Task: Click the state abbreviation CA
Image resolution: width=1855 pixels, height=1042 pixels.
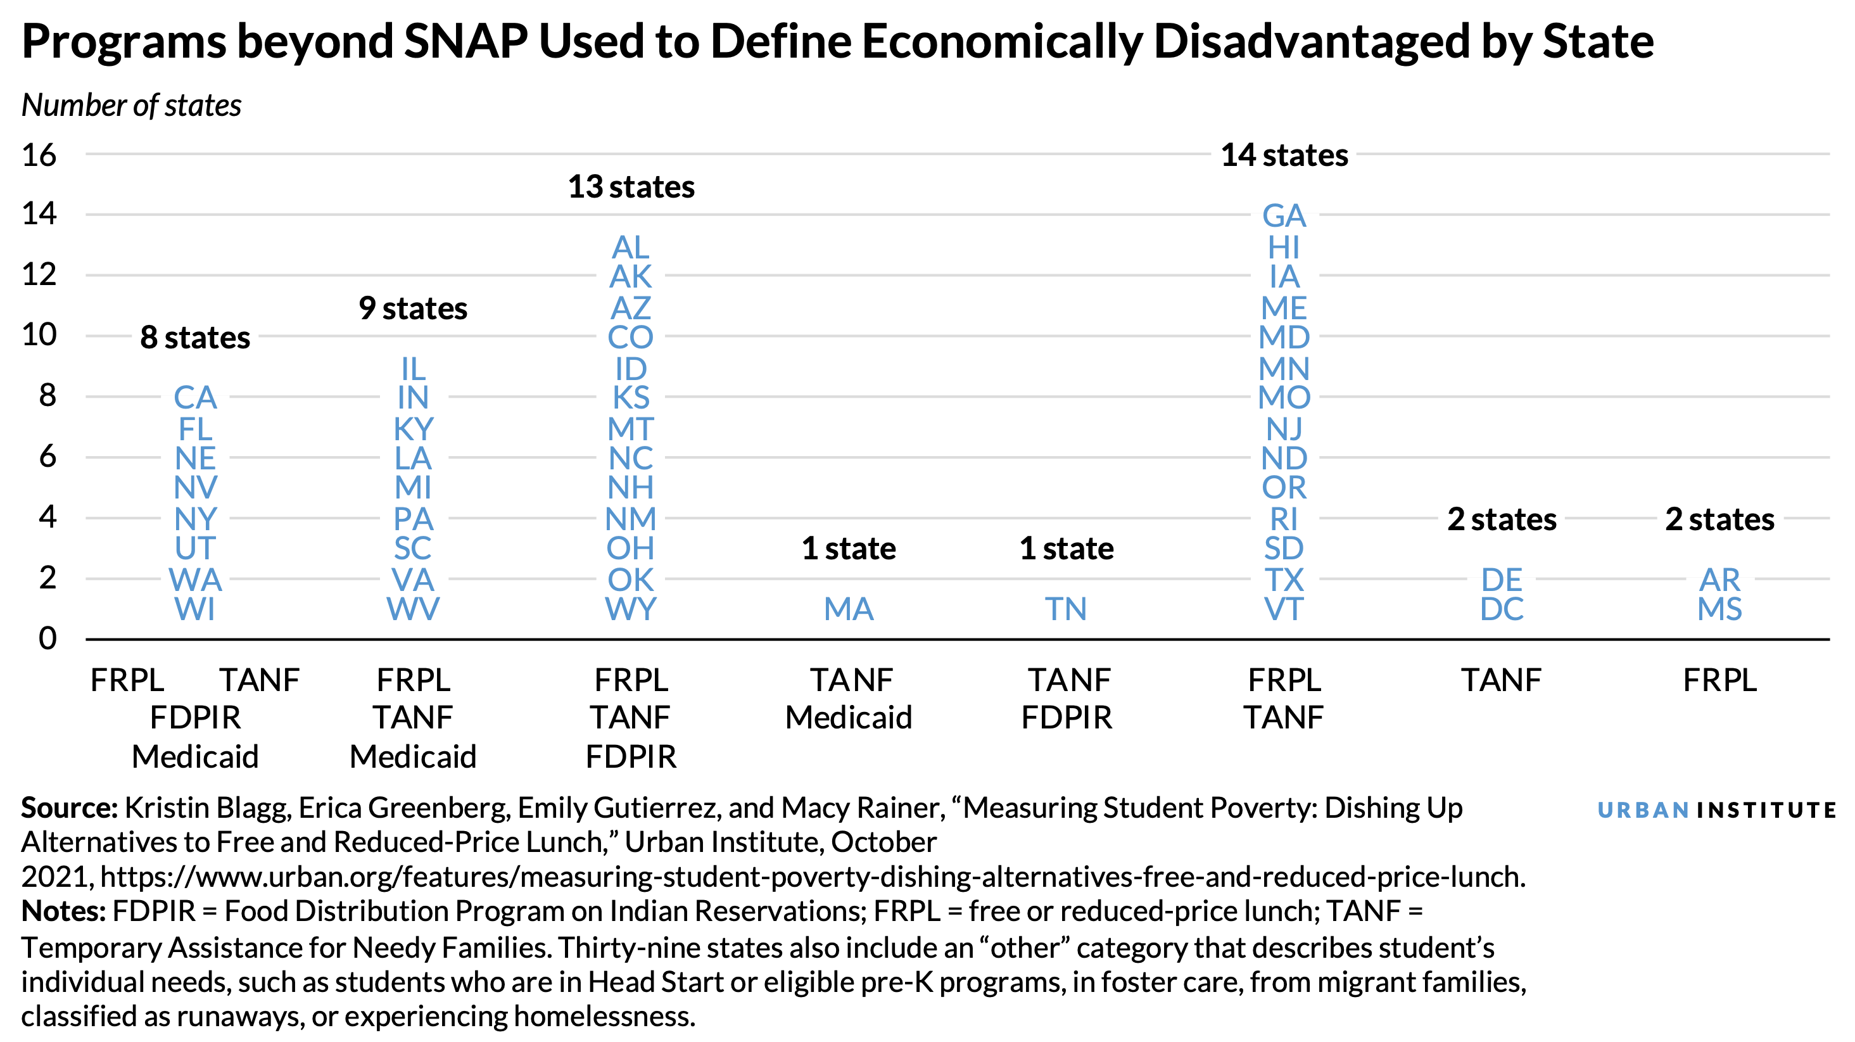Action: click(x=195, y=398)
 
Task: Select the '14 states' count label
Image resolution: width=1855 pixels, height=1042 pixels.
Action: click(x=1284, y=156)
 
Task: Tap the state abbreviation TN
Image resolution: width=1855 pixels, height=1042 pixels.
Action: click(x=1066, y=609)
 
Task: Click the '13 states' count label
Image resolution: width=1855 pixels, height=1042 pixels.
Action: click(x=631, y=187)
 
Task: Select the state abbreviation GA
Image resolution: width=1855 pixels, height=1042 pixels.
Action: click(x=1284, y=216)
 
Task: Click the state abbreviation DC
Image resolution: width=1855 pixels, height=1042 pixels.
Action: click(x=1502, y=609)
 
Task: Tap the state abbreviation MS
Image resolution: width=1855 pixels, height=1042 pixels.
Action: click(x=1719, y=609)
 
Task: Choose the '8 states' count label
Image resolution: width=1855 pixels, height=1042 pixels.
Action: click(x=195, y=338)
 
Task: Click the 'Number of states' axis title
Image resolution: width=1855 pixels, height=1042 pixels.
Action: click(x=131, y=106)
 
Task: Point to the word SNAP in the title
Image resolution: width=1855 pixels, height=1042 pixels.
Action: click(x=465, y=41)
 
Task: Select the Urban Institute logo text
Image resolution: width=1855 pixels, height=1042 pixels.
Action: click(x=1716, y=810)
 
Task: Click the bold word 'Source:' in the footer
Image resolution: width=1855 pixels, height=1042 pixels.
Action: click(x=69, y=808)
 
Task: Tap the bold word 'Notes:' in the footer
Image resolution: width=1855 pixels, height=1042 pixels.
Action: click(x=63, y=912)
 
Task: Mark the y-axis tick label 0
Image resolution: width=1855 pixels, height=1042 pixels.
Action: click(x=47, y=639)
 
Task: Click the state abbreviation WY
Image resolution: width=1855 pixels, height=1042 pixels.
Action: click(x=631, y=609)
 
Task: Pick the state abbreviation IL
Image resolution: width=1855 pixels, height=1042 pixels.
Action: click(x=414, y=369)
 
